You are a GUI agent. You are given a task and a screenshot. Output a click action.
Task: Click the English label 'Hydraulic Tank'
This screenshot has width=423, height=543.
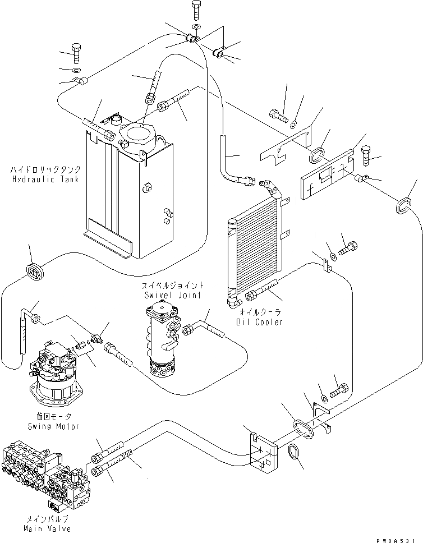[45, 180]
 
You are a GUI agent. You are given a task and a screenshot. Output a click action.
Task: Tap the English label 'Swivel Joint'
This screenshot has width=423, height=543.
[173, 295]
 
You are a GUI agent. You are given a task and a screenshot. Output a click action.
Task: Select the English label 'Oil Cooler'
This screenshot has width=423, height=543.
[260, 322]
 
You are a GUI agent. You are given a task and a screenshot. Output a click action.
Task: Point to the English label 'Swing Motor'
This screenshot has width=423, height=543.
[53, 426]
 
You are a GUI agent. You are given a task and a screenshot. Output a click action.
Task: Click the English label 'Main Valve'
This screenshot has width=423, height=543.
[47, 529]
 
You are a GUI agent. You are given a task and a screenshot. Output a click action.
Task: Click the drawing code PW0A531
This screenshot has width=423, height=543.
[396, 540]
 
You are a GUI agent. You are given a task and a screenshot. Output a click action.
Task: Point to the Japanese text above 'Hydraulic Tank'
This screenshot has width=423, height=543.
[45, 169]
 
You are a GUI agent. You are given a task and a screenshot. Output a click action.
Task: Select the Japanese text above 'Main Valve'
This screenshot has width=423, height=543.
[47, 519]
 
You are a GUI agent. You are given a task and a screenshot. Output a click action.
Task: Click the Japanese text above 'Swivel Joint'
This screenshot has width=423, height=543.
[173, 286]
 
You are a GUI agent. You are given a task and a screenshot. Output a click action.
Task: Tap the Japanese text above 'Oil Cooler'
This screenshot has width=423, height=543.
[260, 312]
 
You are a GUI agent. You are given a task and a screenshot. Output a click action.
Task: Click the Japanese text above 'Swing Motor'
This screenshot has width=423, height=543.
[53, 416]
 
